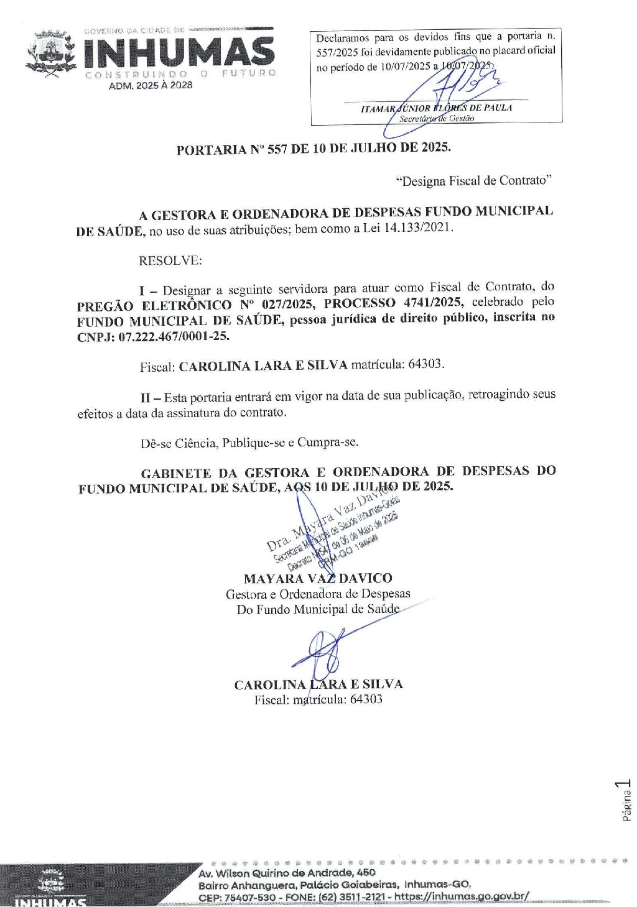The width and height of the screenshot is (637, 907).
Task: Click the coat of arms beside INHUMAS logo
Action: [x=51, y=55]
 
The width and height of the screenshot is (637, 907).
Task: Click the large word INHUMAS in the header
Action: [x=179, y=53]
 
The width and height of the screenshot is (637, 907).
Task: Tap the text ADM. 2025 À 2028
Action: [x=151, y=85]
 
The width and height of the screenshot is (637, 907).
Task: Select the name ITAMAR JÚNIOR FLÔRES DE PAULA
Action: [x=436, y=108]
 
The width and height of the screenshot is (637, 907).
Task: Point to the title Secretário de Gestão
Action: [x=436, y=118]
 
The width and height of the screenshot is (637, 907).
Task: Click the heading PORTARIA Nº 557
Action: [x=313, y=149]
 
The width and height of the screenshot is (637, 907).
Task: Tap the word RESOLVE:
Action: [x=170, y=260]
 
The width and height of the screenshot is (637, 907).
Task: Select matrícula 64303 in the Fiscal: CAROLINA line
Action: [x=426, y=364]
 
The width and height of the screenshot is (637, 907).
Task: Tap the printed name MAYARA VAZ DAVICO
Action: [x=318, y=578]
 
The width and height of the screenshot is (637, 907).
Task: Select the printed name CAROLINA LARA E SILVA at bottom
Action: [x=318, y=684]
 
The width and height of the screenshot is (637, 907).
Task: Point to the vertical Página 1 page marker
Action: [x=626, y=801]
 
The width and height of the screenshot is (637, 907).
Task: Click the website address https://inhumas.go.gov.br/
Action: [x=462, y=896]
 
